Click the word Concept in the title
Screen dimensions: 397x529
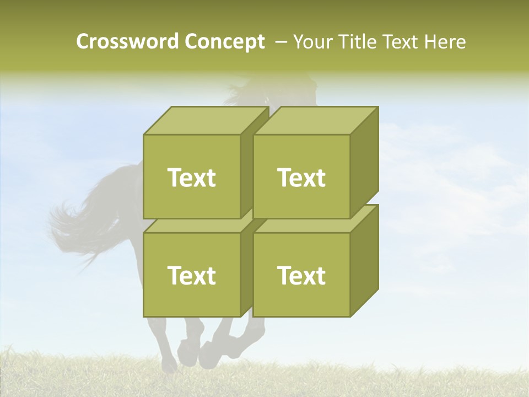224,42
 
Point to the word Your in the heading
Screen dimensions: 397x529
312,42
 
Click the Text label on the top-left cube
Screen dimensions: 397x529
192,178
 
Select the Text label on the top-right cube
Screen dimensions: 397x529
301,178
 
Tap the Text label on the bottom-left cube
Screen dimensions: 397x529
192,275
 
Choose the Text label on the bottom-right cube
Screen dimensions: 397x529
301,275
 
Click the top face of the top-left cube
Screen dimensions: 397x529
205,120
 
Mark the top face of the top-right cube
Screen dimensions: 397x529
315,120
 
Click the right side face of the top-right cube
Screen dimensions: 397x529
364,163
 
